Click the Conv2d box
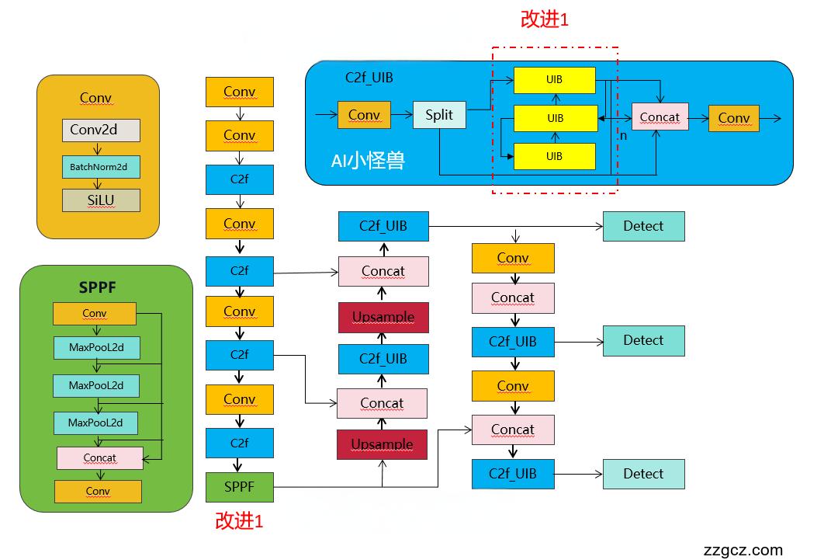pos(101,130)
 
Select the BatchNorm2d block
pos(101,166)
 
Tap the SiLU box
pos(101,200)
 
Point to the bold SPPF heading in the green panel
pos(99,287)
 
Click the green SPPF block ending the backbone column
pos(239,487)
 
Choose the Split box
pos(439,115)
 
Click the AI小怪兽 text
pos(369,162)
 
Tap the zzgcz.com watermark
pos(743,550)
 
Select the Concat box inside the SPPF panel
pos(100,457)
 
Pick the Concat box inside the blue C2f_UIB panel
pos(660,117)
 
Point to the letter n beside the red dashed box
pos(622,135)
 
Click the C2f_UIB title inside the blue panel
pos(369,78)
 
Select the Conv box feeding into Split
pos(364,115)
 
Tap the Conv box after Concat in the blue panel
pos(733,118)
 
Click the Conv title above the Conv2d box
pos(96,98)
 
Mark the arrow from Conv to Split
pos(401,115)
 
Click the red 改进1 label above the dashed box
pos(545,20)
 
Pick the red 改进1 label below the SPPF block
pos(239,521)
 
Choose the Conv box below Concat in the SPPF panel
pos(98,491)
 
